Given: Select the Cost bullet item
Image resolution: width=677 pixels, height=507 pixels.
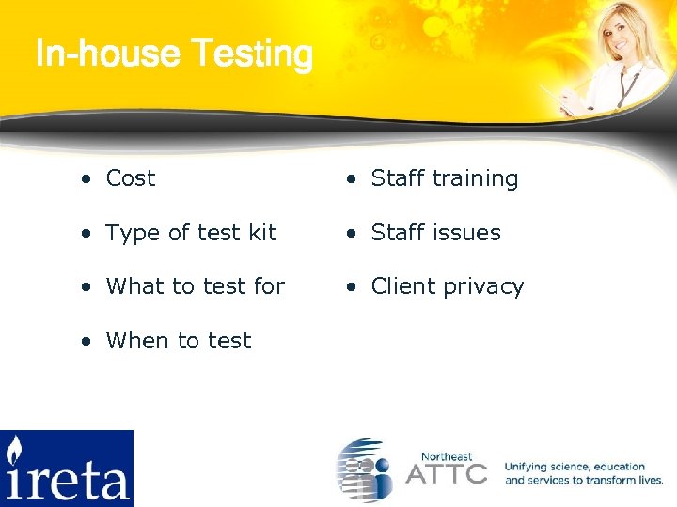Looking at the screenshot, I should tap(130, 178).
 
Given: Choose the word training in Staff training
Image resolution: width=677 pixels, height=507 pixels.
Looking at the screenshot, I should tap(475, 179).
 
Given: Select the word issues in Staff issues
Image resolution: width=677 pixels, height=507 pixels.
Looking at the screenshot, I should tap(465, 233).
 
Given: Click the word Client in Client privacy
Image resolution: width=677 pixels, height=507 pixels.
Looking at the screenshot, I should tap(403, 286).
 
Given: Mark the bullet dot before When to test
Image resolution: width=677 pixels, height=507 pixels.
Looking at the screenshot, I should tap(87, 342).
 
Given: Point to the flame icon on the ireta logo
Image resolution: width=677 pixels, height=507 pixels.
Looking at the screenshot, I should tap(15, 452).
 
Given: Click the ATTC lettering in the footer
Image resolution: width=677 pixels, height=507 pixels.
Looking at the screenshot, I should tap(446, 472).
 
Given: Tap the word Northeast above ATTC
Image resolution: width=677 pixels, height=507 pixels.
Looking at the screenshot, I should tap(447, 455).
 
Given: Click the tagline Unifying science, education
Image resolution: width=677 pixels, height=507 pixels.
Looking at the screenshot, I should tap(575, 467).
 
